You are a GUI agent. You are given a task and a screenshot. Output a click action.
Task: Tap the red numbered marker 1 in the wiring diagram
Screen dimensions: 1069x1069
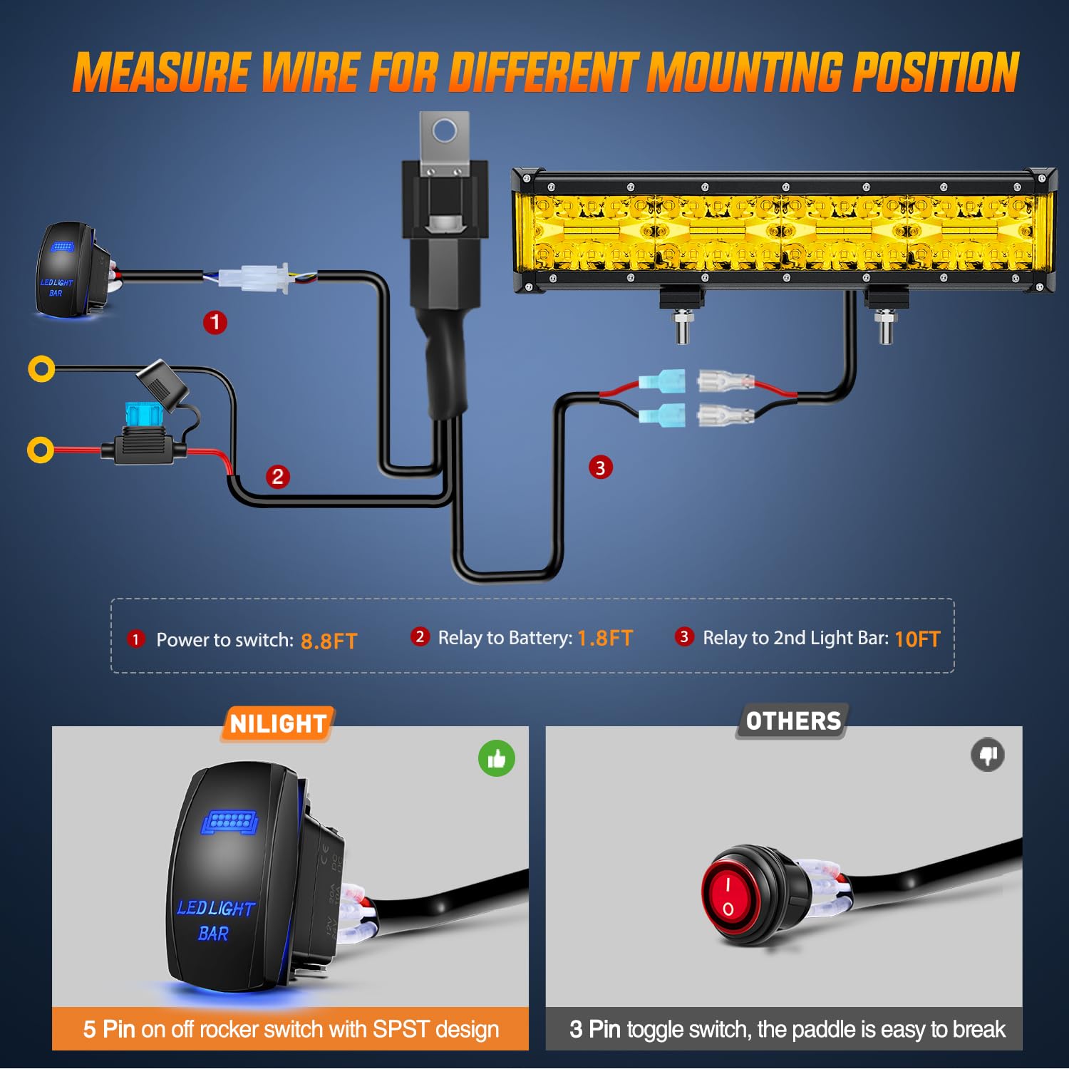point(215,322)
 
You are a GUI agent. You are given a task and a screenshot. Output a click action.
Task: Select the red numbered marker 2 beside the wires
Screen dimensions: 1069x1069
point(278,476)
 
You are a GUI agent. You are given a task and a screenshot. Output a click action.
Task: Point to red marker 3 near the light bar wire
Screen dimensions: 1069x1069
point(601,468)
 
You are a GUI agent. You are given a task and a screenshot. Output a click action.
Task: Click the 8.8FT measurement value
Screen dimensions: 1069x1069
point(329,641)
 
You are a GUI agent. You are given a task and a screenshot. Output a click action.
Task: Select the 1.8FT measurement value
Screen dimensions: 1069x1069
point(605,638)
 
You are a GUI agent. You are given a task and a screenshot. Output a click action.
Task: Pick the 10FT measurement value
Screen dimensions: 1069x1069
point(917,639)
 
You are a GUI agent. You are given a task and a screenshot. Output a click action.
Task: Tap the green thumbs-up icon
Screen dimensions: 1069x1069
point(497,759)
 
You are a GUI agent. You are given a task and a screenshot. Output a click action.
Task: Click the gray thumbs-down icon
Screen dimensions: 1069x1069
point(988,755)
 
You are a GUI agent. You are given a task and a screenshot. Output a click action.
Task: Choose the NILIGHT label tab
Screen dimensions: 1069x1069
point(278,724)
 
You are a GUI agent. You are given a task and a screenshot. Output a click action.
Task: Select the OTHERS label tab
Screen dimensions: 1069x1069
point(793,721)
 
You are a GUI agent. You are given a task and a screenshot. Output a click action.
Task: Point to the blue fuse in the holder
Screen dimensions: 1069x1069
point(143,413)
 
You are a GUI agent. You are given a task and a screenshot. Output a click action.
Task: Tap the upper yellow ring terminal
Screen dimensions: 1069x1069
point(41,368)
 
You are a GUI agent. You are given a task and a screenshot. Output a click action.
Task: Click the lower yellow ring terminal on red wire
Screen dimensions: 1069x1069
point(41,450)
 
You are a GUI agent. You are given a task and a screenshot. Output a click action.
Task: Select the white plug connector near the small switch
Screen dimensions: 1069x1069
point(254,277)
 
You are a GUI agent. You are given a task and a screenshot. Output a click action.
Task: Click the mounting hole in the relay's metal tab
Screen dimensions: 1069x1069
point(445,131)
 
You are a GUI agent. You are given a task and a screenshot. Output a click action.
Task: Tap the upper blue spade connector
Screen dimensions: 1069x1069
point(663,382)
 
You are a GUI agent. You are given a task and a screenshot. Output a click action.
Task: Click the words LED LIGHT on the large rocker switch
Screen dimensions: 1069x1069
point(215,908)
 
